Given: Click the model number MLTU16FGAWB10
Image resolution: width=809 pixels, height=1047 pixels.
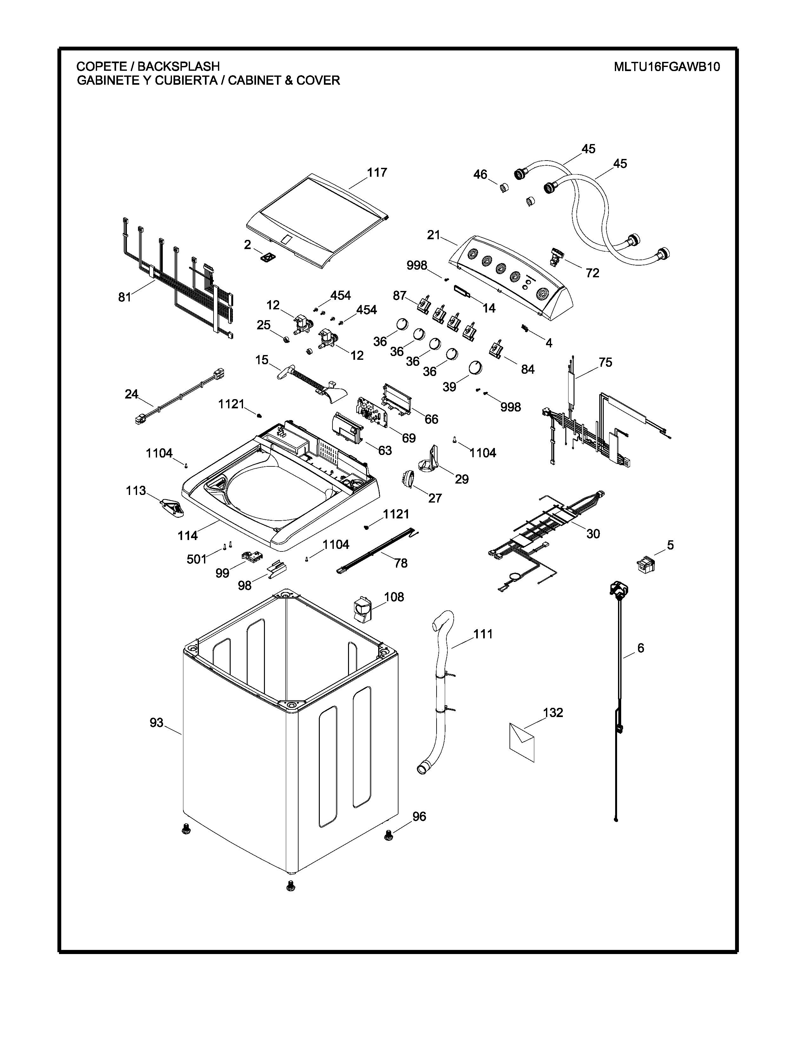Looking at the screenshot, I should tap(667, 67).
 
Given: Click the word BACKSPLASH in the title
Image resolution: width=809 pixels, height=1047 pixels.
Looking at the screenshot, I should tap(178, 66).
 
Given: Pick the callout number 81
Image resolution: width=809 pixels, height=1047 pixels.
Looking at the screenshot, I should tap(125, 297).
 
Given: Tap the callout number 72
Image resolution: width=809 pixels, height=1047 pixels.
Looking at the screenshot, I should tap(592, 273).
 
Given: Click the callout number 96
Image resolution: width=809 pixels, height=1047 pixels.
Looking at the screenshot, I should tap(419, 816).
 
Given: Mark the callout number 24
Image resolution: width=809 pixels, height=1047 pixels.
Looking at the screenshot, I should tap(131, 394).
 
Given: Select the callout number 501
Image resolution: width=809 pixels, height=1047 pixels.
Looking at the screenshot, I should tap(196, 559).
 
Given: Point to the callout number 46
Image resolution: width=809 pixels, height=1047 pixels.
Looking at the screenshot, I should tap(480, 174).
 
